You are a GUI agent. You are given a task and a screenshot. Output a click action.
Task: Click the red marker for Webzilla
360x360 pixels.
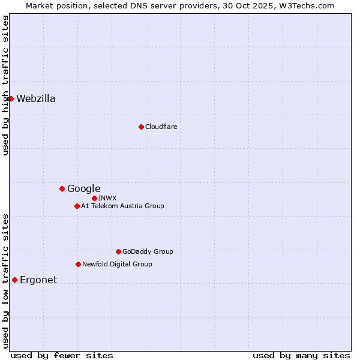click(x=11, y=98)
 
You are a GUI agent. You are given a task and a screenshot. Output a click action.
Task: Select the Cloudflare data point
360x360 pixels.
click(x=141, y=127)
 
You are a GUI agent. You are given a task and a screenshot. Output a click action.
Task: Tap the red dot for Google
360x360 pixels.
click(x=62, y=188)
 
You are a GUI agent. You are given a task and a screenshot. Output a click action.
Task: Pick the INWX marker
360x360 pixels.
click(x=94, y=198)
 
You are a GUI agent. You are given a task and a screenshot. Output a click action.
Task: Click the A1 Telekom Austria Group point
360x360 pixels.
click(x=77, y=206)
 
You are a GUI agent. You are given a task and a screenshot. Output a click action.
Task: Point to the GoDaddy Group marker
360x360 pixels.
click(x=118, y=251)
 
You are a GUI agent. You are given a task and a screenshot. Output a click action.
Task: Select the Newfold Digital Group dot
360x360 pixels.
click(x=78, y=264)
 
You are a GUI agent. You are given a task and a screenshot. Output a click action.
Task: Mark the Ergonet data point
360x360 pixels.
click(x=14, y=280)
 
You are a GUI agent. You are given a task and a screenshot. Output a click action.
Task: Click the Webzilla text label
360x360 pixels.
click(x=36, y=99)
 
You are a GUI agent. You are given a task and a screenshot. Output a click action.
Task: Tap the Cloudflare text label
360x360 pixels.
click(x=161, y=127)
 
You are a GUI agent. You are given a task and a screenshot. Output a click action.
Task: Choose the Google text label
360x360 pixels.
click(x=83, y=189)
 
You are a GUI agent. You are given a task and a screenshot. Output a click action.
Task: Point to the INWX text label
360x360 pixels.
click(x=107, y=198)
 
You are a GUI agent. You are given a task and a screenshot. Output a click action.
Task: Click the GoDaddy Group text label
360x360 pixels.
click(x=148, y=251)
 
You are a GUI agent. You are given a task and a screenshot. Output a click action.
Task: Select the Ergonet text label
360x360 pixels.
click(x=38, y=280)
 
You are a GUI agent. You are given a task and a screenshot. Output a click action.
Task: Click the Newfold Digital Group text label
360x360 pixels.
click(x=117, y=264)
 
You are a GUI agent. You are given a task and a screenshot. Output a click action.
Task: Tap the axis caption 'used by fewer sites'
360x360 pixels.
click(x=62, y=355)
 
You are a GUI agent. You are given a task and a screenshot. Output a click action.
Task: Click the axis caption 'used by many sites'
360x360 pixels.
click(x=301, y=355)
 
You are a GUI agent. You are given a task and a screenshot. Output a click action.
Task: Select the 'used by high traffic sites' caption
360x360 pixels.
click(x=5, y=86)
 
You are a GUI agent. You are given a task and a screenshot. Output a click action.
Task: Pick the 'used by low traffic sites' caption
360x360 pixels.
click(x=5, y=280)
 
